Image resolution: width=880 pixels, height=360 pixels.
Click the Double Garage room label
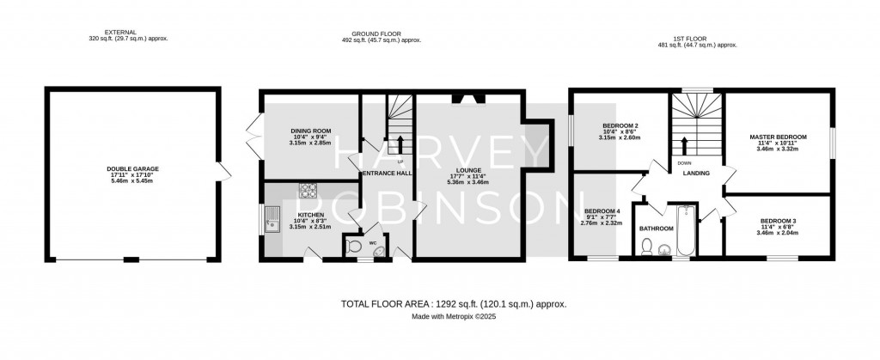coord(133,168)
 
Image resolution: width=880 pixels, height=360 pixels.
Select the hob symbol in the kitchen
coord(309,191)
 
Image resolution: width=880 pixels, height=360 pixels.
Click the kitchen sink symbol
coord(272,220)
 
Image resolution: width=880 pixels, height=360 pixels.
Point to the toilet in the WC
coord(353,247)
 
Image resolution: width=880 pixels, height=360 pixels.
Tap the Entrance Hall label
coord(388,174)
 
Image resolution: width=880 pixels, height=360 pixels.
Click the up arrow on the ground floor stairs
coord(400,144)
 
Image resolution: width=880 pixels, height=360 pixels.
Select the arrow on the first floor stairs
coord(685,146)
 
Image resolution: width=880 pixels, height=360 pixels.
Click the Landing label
coord(696,174)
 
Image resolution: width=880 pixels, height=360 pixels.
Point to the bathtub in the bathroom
coord(687,230)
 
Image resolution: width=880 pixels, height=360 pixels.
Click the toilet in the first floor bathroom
coord(646,247)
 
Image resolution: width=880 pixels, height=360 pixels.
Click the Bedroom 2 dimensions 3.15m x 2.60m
coord(620,137)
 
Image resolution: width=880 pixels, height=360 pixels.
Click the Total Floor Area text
coord(454,304)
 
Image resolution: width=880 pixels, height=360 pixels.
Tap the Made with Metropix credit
coord(454,316)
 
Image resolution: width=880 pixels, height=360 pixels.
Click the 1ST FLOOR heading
coord(698,39)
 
